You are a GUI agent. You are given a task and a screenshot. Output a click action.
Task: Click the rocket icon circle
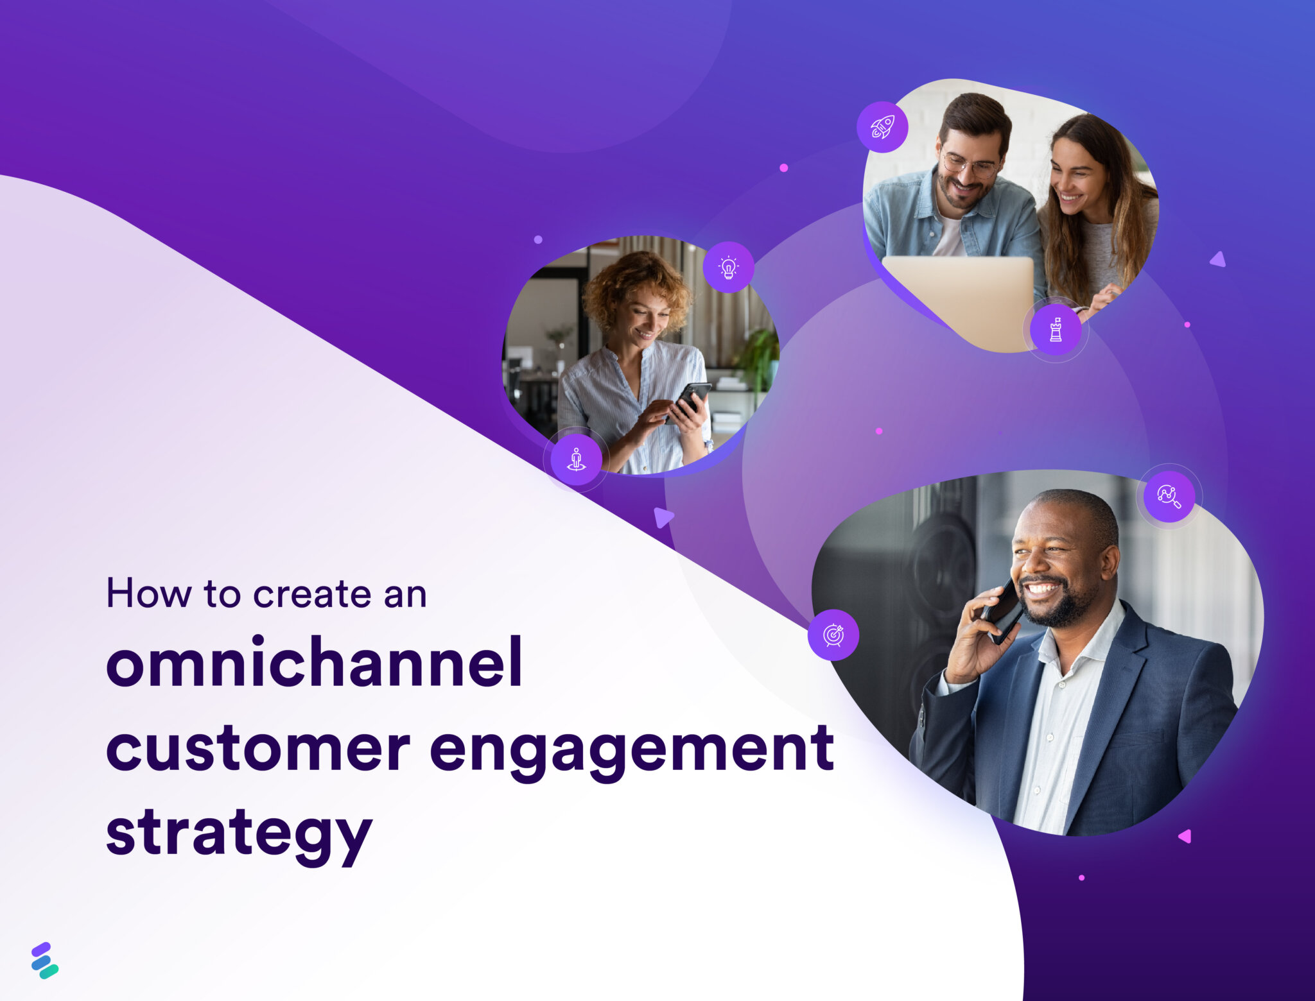(882, 127)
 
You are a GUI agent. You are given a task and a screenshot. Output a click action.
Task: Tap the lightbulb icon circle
(728, 267)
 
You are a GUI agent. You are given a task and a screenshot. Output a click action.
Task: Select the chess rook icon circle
(1055, 330)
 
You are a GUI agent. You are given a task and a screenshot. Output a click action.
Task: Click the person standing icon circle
(576, 459)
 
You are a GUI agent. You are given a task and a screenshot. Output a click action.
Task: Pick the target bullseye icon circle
(833, 635)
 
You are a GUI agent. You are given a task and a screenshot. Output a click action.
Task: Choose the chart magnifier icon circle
(1169, 496)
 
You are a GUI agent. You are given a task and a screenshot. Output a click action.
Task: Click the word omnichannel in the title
(314, 662)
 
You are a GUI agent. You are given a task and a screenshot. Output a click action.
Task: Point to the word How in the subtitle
(148, 594)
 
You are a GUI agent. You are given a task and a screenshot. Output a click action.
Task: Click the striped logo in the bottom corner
(44, 960)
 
